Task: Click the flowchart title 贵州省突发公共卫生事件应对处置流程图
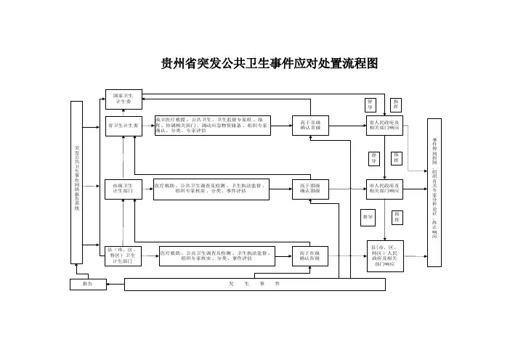point(270,64)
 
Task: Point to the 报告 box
point(87,285)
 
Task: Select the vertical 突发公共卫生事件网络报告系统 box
point(76,187)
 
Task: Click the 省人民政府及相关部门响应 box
point(384,126)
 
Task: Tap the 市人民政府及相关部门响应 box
point(384,189)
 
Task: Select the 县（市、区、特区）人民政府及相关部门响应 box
point(384,255)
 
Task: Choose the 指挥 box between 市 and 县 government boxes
point(397,216)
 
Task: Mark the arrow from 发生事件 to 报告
point(115,285)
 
